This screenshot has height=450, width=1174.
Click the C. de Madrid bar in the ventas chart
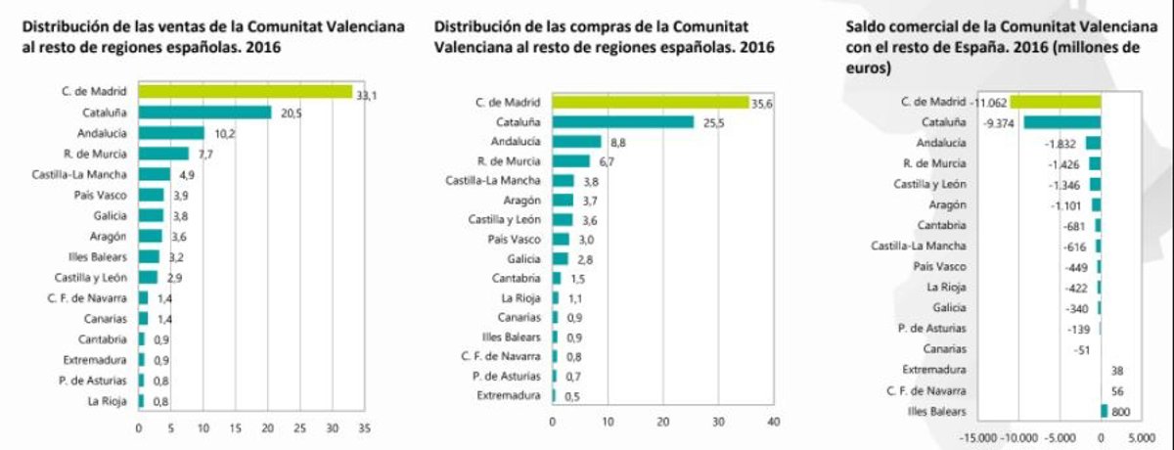245,92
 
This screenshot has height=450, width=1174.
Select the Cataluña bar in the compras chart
623,122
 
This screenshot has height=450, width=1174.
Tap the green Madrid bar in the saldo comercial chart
1055,101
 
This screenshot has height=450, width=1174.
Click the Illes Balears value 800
1120,412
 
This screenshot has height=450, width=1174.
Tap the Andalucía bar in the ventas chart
171,133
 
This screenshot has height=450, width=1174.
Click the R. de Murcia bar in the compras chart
571,161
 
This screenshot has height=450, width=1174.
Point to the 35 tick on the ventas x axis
364,428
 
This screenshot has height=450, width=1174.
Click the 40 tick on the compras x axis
773,422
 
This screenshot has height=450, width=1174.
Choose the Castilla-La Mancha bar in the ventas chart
155,174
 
